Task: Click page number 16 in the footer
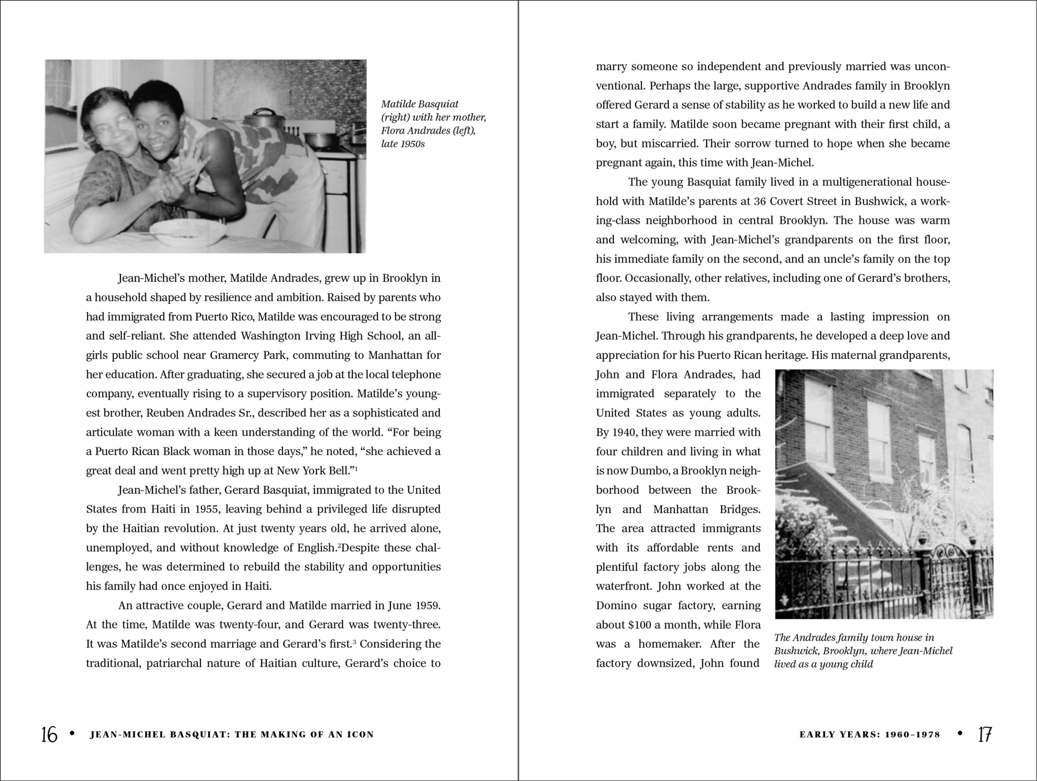49,734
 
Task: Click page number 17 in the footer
984,734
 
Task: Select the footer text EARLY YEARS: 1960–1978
870,734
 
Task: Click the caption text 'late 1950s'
403,144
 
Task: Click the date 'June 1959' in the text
414,605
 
